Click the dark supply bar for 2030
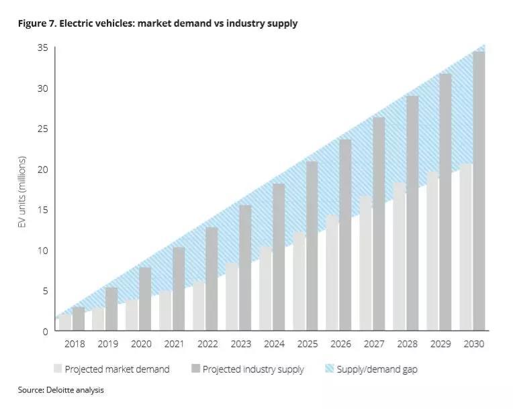pyautogui.click(x=479, y=191)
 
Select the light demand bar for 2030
pyautogui.click(x=466, y=247)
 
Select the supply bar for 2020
pyautogui.click(x=145, y=299)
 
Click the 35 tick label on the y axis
pyautogui.click(x=42, y=48)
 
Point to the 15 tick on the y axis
pyautogui.click(x=42, y=210)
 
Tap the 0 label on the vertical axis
pyautogui.click(x=45, y=331)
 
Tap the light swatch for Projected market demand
pyautogui.click(x=58, y=369)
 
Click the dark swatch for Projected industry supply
pyautogui.click(x=195, y=369)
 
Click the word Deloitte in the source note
pyautogui.click(x=60, y=390)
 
